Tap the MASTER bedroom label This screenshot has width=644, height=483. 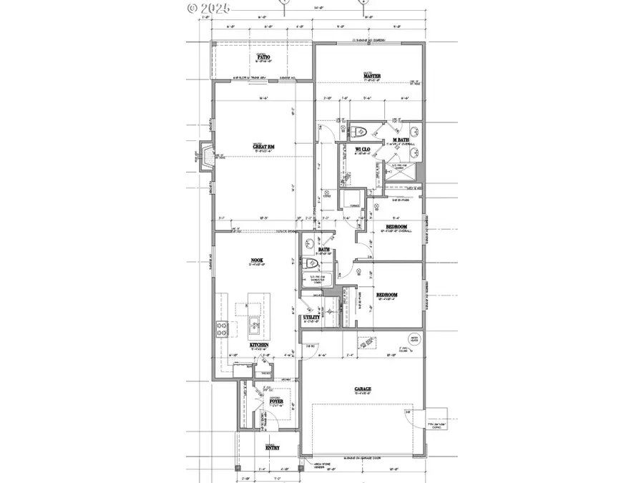pos(371,76)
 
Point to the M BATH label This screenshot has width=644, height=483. pos(390,140)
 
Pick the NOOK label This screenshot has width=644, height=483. pos(258,260)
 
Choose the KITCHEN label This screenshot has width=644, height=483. pos(259,345)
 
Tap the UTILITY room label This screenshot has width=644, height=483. pos(311,317)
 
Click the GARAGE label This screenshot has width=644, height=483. pos(362,390)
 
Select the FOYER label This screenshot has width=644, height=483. pos(275,402)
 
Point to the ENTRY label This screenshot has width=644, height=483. pos(273,448)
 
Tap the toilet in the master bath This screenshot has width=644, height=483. pos(360,132)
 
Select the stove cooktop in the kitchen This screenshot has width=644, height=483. pos(221,329)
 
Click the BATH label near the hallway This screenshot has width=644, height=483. pos(313,250)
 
